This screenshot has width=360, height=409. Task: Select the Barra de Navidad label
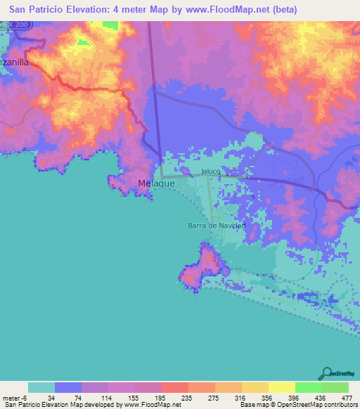coord(217,226)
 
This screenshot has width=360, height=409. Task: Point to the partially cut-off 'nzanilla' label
coord(14,62)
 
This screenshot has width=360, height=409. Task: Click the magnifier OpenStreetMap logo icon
coord(328,372)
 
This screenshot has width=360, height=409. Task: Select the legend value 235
coord(181,397)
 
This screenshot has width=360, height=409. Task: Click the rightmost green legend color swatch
coord(335,387)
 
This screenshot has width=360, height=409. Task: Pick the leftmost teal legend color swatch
coord(41,387)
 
